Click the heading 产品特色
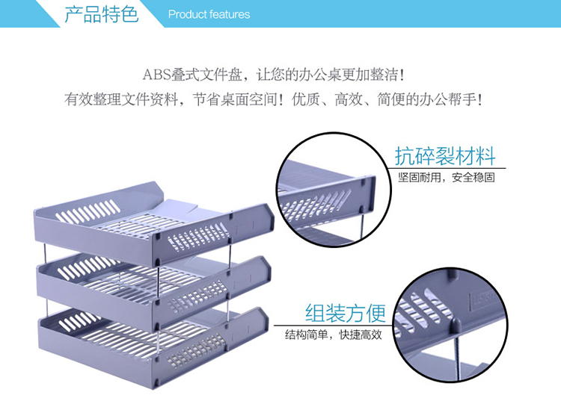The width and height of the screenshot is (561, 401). click(101, 14)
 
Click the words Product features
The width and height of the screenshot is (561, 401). click(209, 15)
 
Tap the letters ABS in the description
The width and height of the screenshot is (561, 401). click(156, 75)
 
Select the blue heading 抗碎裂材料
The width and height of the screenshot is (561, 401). click(445, 155)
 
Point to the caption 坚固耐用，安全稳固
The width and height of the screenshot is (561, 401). click(447, 177)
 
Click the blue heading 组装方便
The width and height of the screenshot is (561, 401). click(346, 313)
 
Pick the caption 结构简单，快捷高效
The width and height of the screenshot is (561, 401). click(334, 335)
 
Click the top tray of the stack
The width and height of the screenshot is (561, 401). click(154, 221)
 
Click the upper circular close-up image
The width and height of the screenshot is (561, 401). click(334, 190)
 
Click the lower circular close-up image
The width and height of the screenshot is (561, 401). click(450, 325)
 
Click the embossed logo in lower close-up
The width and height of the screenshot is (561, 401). click(483, 296)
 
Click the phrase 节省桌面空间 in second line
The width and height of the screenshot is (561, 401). click(236, 99)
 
